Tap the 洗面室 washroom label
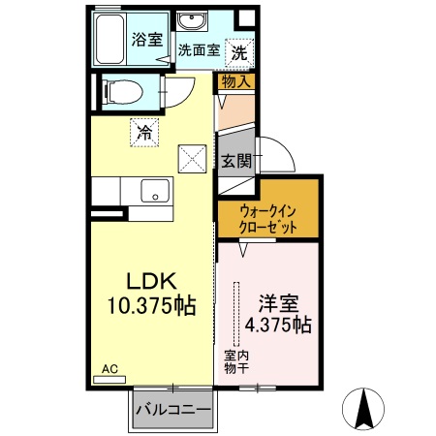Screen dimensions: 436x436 click(198, 50)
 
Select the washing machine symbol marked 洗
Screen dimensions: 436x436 click(237, 51)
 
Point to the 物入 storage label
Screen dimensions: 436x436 click(236, 82)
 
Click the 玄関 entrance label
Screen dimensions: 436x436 click(236, 161)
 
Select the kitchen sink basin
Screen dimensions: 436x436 click(153, 192)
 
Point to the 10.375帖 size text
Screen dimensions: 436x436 click(151, 307)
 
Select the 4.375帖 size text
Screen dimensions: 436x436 click(277, 324)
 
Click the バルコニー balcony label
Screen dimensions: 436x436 click(173, 410)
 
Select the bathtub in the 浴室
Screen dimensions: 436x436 click(121, 39)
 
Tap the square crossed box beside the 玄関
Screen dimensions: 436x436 click(191, 155)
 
